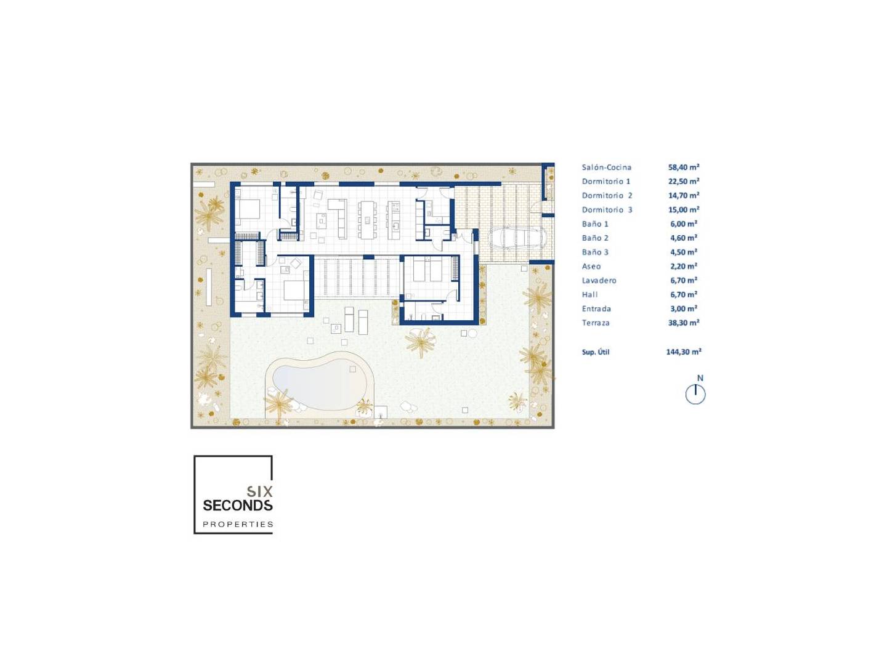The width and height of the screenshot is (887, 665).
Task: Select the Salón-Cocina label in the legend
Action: tap(606, 167)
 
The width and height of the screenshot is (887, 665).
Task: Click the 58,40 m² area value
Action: tap(683, 167)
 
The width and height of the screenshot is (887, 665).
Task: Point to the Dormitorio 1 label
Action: tap(606, 181)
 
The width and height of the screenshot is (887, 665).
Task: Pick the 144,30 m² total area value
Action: tap(683, 352)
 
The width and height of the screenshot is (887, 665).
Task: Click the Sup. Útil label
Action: tap(595, 352)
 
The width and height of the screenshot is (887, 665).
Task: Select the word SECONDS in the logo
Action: tap(238, 505)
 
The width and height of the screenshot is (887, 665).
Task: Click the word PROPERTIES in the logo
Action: tap(238, 524)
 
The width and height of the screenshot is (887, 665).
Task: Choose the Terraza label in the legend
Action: tap(595, 323)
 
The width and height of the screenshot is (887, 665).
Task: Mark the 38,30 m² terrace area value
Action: tap(683, 323)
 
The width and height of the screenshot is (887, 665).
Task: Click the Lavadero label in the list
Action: tap(599, 280)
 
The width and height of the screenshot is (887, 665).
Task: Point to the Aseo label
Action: tap(591, 266)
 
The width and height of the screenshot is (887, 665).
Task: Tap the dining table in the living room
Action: tap(367, 220)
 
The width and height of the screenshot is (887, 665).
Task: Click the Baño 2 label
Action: tap(595, 238)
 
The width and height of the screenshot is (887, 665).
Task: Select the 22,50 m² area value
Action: tap(683, 181)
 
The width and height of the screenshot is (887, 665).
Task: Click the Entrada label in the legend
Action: tap(596, 309)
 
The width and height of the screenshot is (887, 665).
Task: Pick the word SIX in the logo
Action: tap(259, 491)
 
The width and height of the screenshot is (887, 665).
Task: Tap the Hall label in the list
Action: tap(589, 294)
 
